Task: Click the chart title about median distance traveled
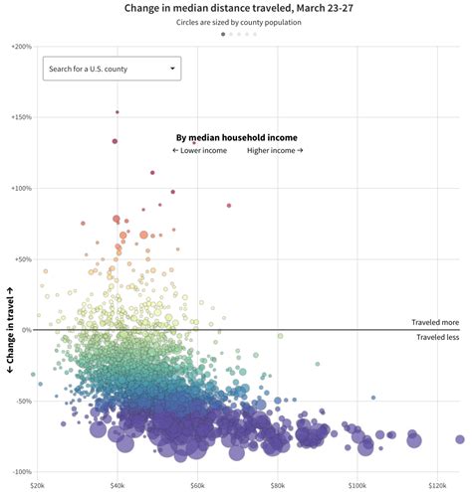click(x=239, y=8)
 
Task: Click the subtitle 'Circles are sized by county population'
click(x=239, y=22)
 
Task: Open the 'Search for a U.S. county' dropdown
click(x=110, y=69)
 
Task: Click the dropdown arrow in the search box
click(x=173, y=69)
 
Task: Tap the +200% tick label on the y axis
click(x=21, y=47)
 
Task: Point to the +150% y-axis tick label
click(x=21, y=117)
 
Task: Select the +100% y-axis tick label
click(x=21, y=188)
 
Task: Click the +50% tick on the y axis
click(x=23, y=258)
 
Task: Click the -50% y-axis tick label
click(x=23, y=402)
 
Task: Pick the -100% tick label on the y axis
click(x=21, y=472)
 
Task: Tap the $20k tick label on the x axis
click(x=37, y=485)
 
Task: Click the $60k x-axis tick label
click(x=197, y=485)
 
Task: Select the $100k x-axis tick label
click(x=356, y=485)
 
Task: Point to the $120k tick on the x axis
click(x=436, y=485)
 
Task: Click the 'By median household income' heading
click(x=237, y=137)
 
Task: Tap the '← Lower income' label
click(x=199, y=150)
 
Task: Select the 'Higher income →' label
click(x=275, y=150)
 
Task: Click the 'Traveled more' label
click(x=436, y=323)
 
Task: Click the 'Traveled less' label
click(x=437, y=337)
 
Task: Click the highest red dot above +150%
click(x=118, y=112)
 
